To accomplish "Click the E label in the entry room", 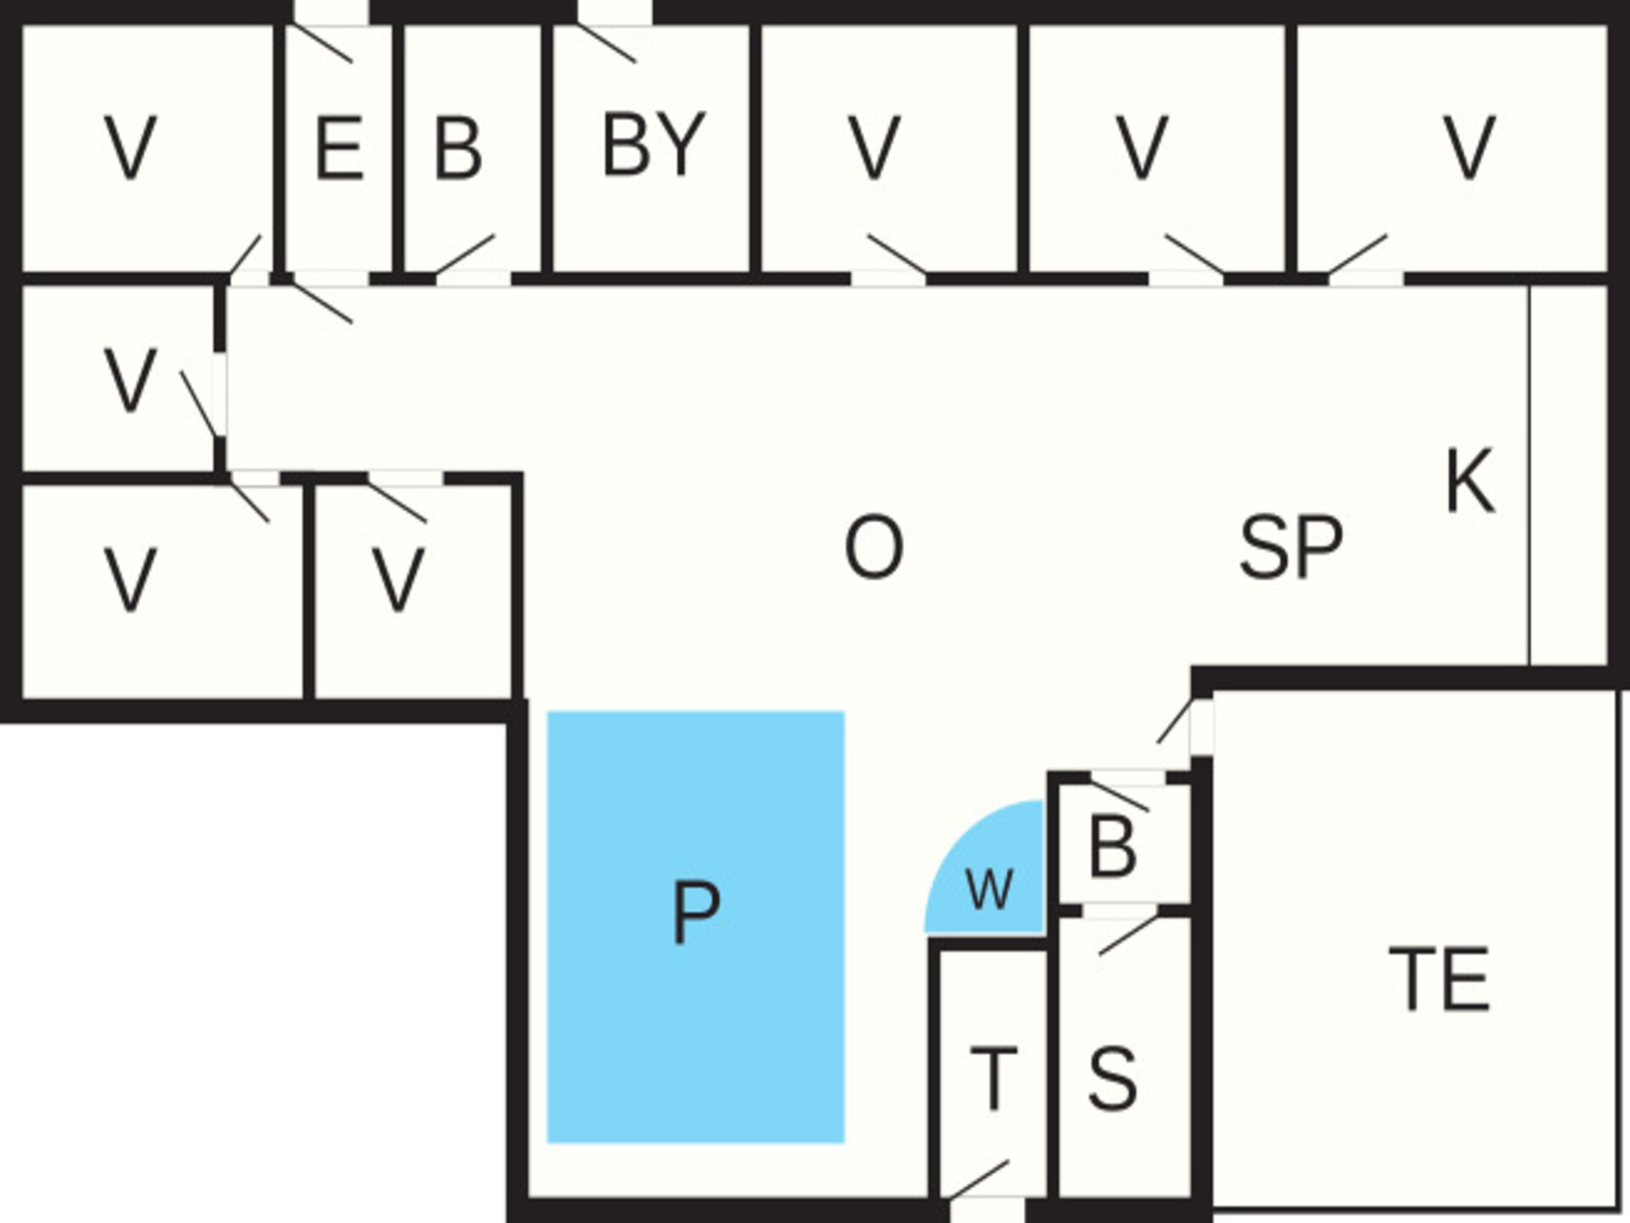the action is [x=340, y=149].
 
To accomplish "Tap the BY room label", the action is [x=654, y=144].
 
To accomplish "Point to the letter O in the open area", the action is [x=874, y=548].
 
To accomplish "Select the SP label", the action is [x=1291, y=548].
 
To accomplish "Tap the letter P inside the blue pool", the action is [x=695, y=912].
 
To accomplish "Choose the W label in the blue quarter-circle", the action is [x=990, y=890].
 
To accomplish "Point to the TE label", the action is [x=1439, y=979].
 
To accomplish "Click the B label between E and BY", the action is [x=458, y=149].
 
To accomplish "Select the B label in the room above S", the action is [x=1112, y=847].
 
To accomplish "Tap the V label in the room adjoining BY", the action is [x=874, y=149].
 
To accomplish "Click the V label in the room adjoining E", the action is [x=130, y=149].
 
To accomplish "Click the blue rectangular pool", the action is [x=695, y=927].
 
